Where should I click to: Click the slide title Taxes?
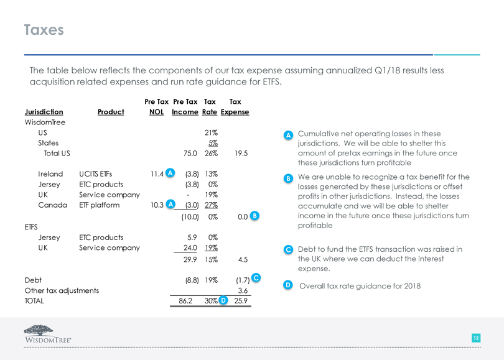(44, 29)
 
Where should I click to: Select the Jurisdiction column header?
(44, 112)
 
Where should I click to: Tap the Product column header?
(111, 112)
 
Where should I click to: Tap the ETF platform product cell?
(99, 205)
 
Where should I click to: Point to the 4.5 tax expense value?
(242, 259)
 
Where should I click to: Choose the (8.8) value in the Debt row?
(191, 280)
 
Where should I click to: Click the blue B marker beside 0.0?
(254, 216)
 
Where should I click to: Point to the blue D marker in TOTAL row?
(223, 301)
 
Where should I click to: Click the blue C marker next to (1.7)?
(256, 277)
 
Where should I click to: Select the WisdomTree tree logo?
(44, 331)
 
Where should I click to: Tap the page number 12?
(475, 338)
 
